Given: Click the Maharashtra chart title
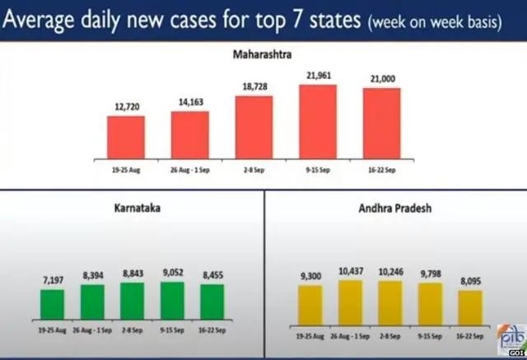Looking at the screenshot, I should click(263, 56).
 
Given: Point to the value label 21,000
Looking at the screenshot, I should click(381, 79).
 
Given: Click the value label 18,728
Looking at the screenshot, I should click(254, 86).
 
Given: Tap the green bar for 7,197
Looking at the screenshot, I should click(52, 303).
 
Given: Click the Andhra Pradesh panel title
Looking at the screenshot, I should click(395, 208).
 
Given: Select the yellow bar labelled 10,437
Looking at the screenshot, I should click(349, 302).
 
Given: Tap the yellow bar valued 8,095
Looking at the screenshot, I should click(469, 307).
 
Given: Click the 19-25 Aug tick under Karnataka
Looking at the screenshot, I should click(52, 328).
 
